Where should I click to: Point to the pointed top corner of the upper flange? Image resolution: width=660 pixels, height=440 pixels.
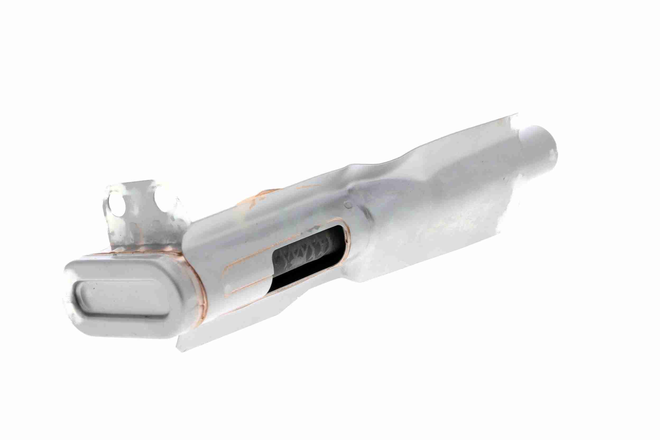click(x=516, y=115)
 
